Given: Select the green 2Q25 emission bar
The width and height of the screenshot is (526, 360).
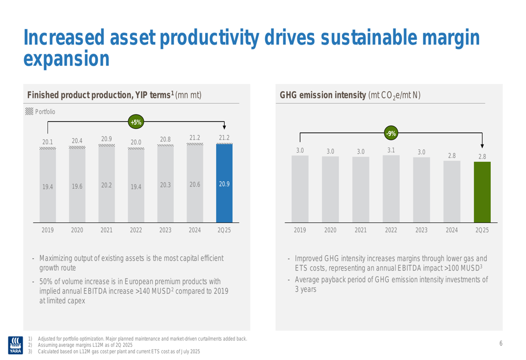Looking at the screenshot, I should tap(482, 192).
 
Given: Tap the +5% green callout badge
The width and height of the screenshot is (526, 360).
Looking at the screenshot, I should tap(136, 122).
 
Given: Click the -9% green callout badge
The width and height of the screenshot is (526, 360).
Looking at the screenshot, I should tap(390, 133).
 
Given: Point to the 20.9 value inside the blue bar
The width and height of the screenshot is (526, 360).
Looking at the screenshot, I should tap(224, 184).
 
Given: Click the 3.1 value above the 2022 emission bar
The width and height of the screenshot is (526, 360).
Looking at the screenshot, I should tap(391, 150).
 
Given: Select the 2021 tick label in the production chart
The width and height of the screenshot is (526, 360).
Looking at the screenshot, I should tap(106, 230).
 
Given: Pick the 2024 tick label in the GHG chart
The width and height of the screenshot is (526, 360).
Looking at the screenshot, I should tap(452, 230).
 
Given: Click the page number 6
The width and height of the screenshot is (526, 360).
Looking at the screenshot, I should tap(501, 344).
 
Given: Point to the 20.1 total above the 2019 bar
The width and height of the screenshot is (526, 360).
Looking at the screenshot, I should tap(47, 141).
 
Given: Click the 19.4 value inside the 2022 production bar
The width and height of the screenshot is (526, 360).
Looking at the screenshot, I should tap(136, 186).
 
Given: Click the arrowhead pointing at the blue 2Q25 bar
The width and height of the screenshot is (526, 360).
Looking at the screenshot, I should tap(224, 127).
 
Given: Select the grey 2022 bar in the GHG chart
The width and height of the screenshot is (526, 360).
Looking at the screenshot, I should tap(391, 189).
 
